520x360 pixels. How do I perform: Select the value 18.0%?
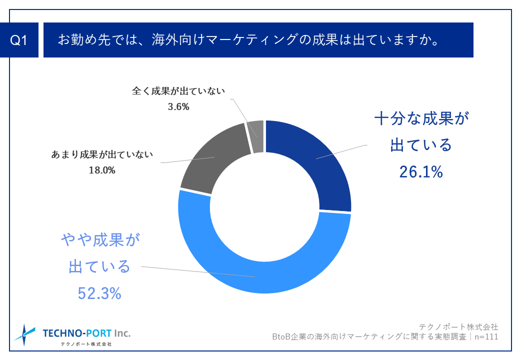tap(102, 170)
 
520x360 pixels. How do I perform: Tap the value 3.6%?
tap(178, 106)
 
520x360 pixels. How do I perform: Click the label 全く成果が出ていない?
tap(178, 91)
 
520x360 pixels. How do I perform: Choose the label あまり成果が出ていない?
tap(102, 154)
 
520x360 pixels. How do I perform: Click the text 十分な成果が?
tap(422, 120)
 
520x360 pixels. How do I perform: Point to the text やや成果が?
tap(99, 240)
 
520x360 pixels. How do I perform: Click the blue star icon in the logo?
tap(25, 334)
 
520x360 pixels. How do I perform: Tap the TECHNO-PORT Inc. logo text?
tap(86, 332)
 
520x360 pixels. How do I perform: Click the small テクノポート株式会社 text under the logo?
tap(86, 344)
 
